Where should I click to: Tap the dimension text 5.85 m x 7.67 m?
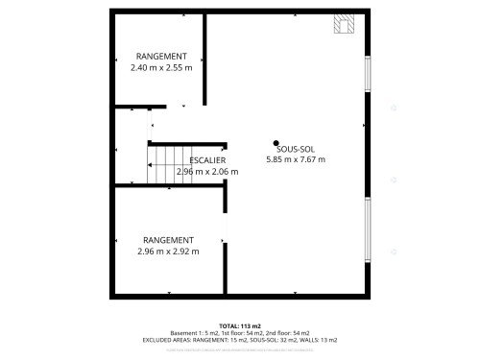(295, 159)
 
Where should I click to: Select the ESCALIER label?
(207, 159)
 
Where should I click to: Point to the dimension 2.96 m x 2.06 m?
(207, 171)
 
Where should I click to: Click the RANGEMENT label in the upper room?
(161, 57)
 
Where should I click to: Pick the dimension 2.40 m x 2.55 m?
(161, 68)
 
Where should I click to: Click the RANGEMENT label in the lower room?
(168, 240)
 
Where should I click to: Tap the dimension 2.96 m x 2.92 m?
(168, 252)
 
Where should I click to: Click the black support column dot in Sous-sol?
(276, 142)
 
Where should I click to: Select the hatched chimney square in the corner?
(343, 24)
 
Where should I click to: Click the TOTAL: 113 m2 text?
(239, 325)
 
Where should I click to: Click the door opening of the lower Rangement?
(226, 228)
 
